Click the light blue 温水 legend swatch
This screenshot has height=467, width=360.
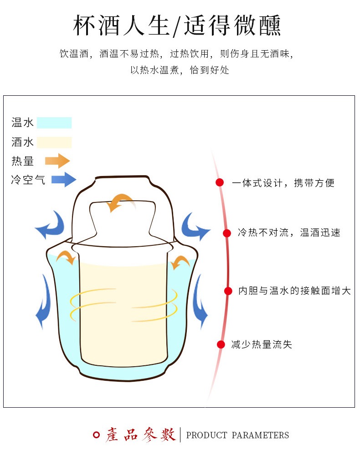tap(54, 123)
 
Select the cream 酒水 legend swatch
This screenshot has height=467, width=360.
tap(54, 142)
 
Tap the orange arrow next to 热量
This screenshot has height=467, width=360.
tap(57, 161)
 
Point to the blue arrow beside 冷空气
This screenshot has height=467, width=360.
tap(63, 179)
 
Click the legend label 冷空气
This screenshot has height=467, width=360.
tap(28, 180)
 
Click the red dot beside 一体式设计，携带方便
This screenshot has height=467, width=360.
tap(220, 183)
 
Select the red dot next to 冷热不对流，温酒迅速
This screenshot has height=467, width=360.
tap(226, 233)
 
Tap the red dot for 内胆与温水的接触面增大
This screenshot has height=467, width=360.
tap(228, 291)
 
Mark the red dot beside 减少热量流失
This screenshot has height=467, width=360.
tap(221, 344)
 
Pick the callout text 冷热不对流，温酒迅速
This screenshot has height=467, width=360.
tap(289, 233)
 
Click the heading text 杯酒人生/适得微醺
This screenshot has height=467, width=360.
tap(177, 26)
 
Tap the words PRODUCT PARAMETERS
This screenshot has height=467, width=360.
tap(237, 435)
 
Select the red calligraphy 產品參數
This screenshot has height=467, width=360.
tap(141, 435)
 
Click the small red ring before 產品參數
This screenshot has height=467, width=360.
tap(96, 435)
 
